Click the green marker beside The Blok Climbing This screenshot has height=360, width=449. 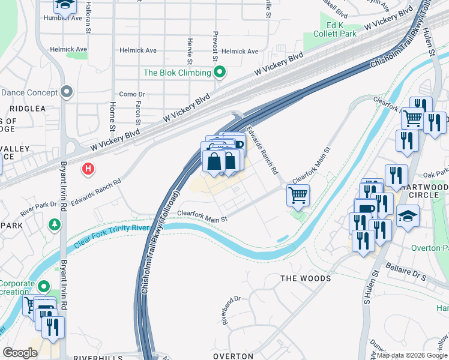click(x=220, y=73)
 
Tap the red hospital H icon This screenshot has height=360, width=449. click(x=88, y=169)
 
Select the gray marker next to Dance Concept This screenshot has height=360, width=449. click(x=67, y=92)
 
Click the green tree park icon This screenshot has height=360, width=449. click(x=55, y=224)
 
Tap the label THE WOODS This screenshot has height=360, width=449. click(x=306, y=278)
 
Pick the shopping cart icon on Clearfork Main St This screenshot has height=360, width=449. click(x=298, y=195)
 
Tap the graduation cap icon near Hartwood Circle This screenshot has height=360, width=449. click(x=408, y=215)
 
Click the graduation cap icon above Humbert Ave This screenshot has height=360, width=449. click(x=65, y=5)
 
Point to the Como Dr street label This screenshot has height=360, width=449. click(x=132, y=94)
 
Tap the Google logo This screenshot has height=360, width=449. click(x=20, y=353)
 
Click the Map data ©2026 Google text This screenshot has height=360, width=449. click(x=411, y=355)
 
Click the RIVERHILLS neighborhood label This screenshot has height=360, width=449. click(x=98, y=356)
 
